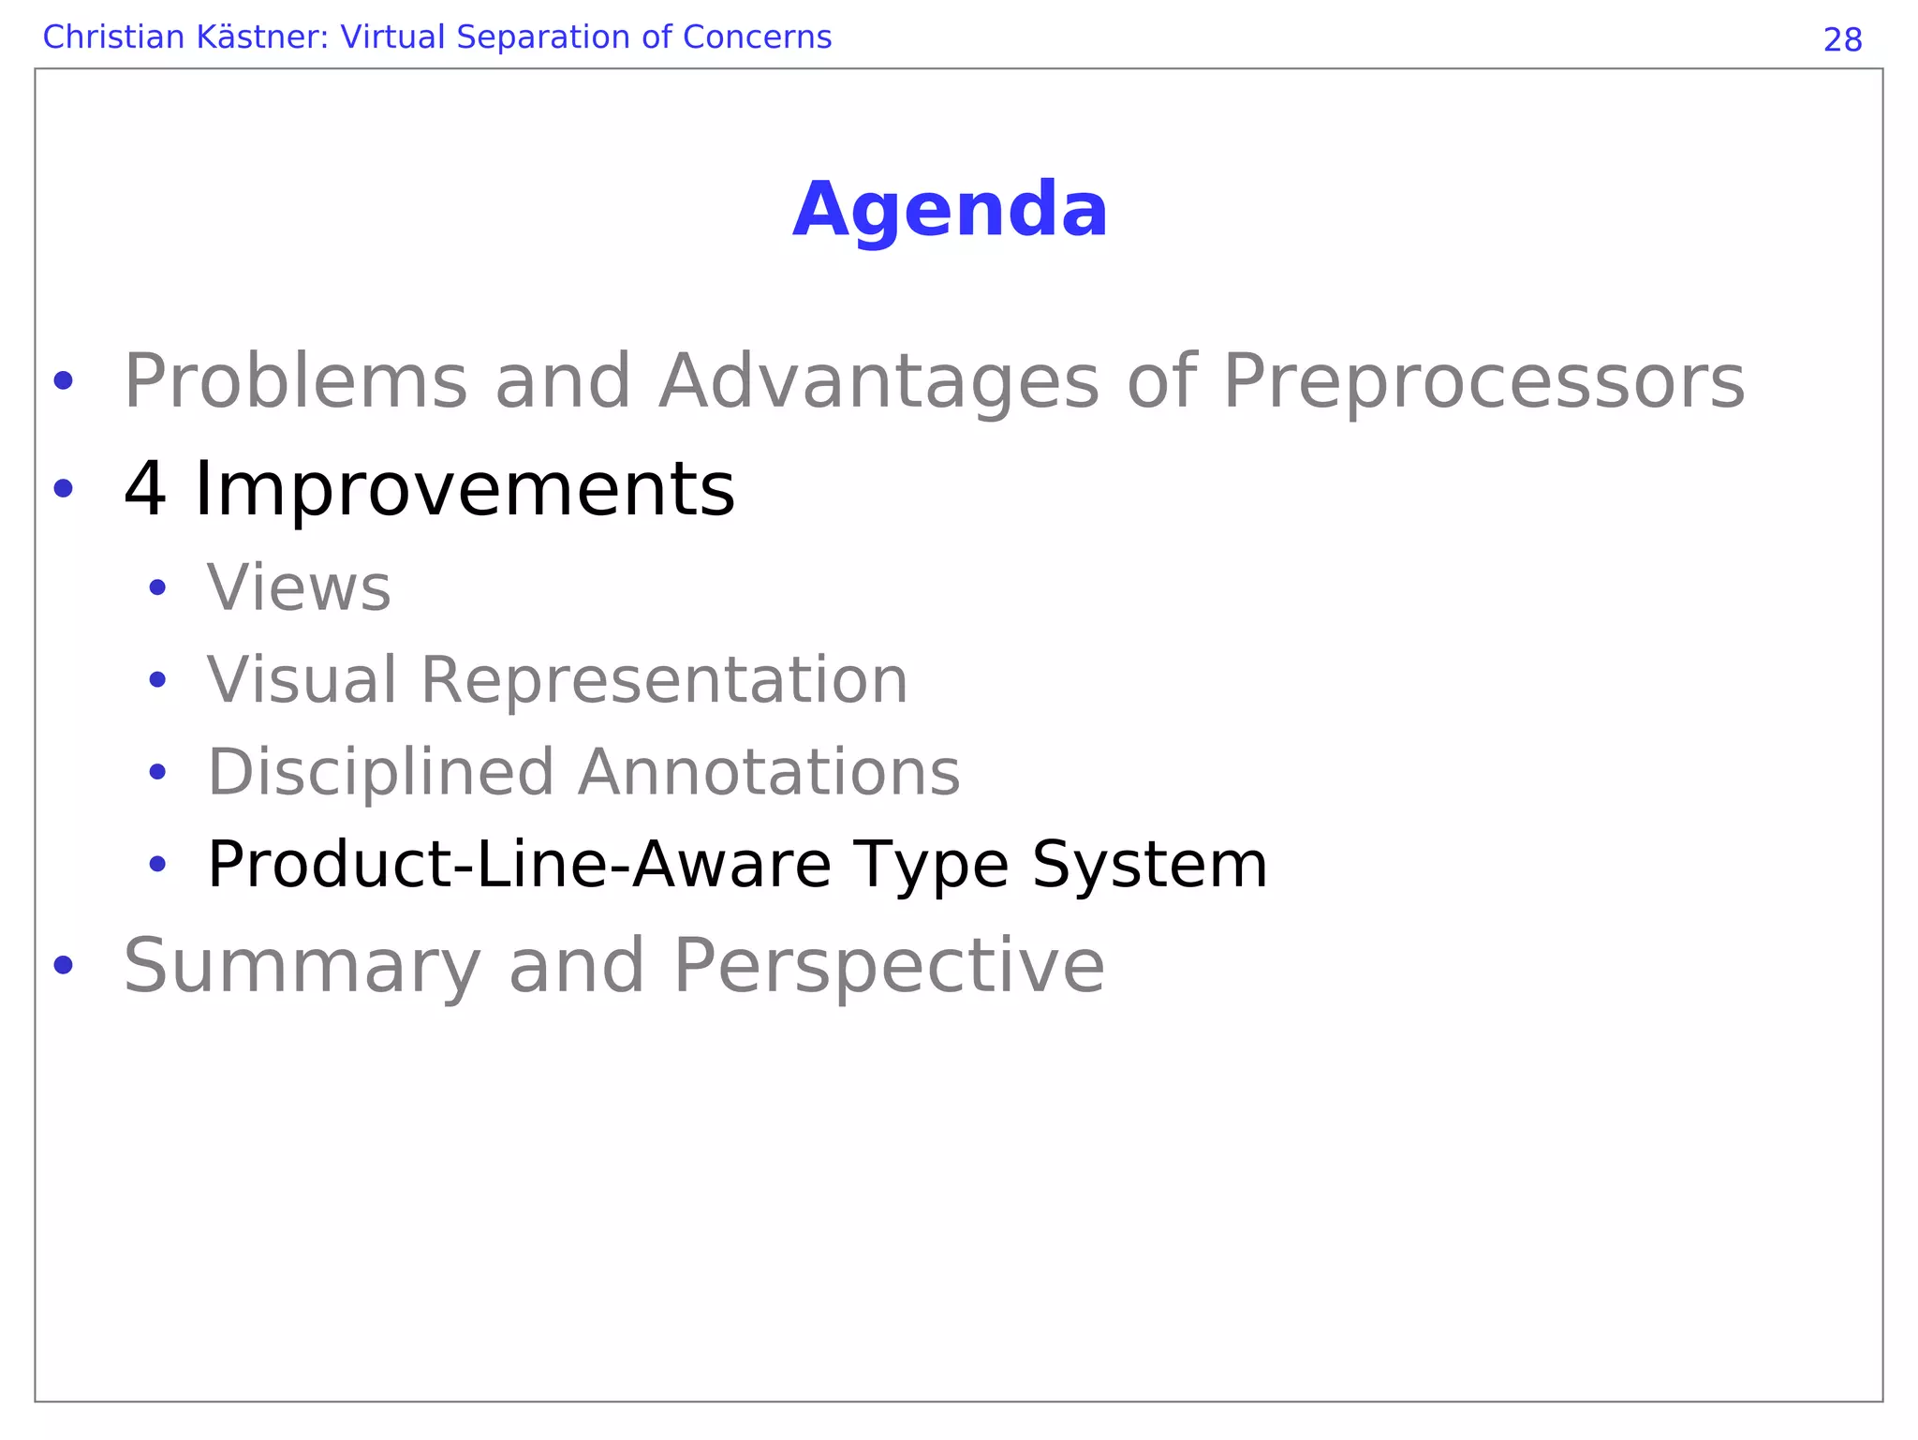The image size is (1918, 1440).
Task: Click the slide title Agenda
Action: point(950,210)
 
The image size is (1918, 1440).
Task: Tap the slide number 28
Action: point(1842,40)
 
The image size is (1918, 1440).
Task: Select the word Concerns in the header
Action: point(757,37)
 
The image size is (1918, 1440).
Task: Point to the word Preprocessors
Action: point(1483,382)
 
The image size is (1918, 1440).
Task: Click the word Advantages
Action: point(878,382)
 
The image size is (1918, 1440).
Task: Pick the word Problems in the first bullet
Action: point(295,382)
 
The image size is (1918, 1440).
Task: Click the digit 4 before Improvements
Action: point(145,489)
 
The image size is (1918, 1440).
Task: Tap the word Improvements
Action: point(464,489)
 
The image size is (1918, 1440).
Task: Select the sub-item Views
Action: point(299,588)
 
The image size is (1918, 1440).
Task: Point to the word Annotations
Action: point(769,772)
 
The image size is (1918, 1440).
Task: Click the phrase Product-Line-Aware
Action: point(519,864)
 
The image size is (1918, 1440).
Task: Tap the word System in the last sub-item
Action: point(1149,864)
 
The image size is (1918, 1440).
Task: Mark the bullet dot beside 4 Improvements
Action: point(63,488)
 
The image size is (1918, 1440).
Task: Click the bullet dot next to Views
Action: point(157,588)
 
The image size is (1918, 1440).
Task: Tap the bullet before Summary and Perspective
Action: point(63,965)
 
